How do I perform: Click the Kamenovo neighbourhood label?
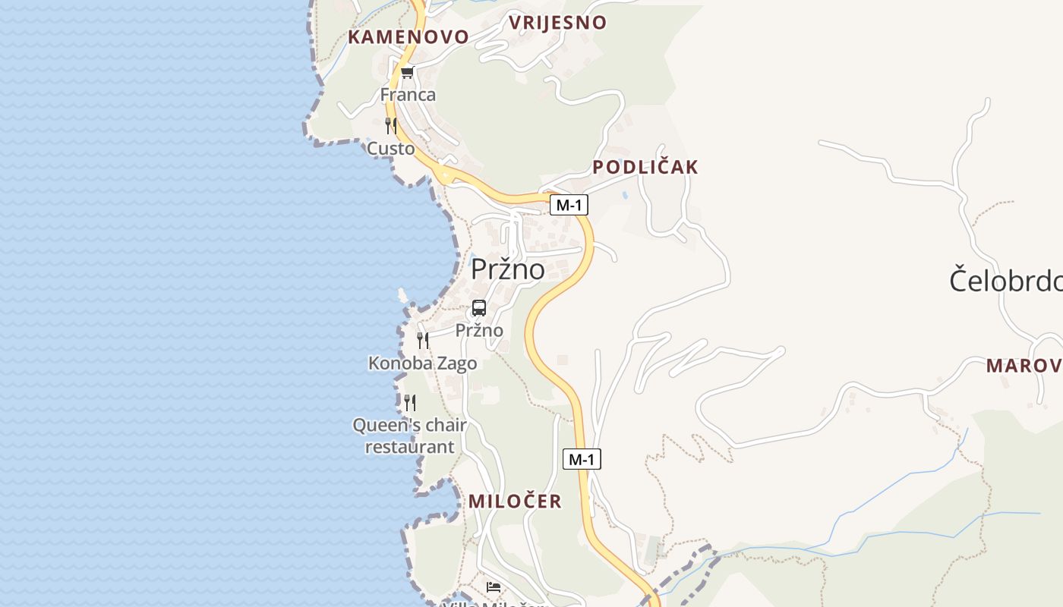coord(408,37)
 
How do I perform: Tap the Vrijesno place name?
coord(557,23)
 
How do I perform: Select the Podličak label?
coord(645,168)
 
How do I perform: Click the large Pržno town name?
coord(507,269)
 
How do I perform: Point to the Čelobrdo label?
coord(1005,281)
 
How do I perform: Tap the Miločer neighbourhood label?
coord(515,501)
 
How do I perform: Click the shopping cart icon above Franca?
coord(408,73)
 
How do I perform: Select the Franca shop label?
coord(408,95)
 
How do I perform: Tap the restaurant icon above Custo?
coord(391,126)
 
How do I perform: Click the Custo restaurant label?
coord(391,149)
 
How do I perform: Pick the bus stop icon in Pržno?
coord(479,308)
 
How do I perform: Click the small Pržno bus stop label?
coord(479,331)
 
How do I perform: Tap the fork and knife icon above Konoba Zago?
coord(423,341)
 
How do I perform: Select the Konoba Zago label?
coord(423,363)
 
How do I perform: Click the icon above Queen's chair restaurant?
coord(410,403)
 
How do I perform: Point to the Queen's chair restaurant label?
coord(410,436)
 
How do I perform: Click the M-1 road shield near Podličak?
coord(569,205)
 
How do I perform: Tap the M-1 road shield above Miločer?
coord(582,459)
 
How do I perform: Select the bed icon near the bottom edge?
coord(494,587)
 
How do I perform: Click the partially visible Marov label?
coord(1024,366)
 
